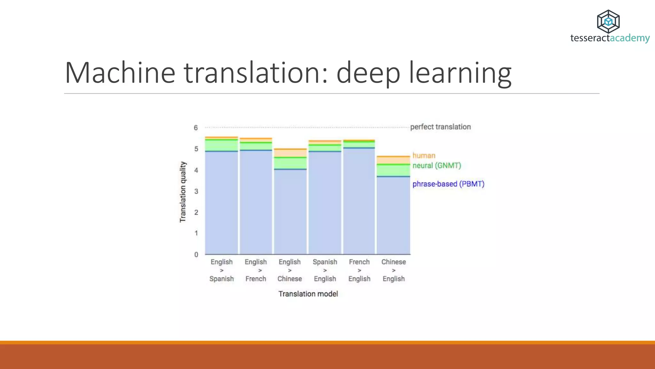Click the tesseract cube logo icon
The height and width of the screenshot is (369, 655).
tap(608, 21)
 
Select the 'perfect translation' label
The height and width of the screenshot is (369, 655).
tap(440, 127)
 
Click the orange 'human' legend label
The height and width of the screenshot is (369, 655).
tap(424, 156)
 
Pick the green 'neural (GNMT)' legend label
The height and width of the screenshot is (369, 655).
tap(437, 166)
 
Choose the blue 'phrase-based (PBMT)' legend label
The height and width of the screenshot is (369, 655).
tap(448, 184)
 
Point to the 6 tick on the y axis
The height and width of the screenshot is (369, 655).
tap(196, 128)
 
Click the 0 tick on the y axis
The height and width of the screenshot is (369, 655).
tap(196, 255)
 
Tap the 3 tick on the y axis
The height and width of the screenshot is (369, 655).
tap(196, 192)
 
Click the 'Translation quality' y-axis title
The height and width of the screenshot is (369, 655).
tap(183, 192)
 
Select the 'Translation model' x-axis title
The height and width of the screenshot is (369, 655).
tap(308, 294)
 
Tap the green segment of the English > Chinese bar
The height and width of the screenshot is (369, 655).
tap(290, 163)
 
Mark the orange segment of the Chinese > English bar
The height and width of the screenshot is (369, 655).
tap(393, 160)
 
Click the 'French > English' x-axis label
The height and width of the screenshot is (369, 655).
tap(359, 270)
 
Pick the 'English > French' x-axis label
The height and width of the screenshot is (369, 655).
tap(256, 270)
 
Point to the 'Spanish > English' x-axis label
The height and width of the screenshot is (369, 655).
tap(325, 270)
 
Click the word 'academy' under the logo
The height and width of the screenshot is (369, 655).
tap(630, 38)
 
